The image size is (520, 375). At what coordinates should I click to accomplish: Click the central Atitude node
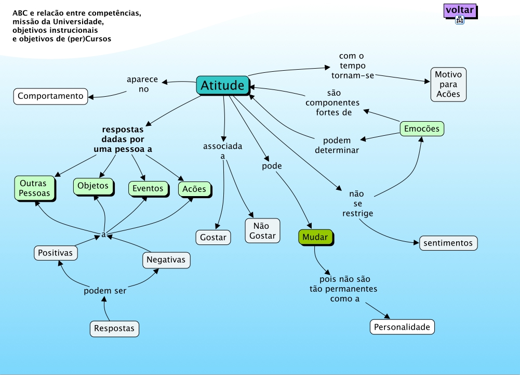pyautogui.click(x=222, y=85)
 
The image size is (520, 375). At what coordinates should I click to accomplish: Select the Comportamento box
pyautogui.click(x=50, y=96)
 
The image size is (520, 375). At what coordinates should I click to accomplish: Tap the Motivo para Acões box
pyautogui.click(x=448, y=84)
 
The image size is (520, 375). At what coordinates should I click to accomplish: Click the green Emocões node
pyautogui.click(x=421, y=128)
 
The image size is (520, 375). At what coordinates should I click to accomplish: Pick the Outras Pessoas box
pyautogui.click(x=34, y=188)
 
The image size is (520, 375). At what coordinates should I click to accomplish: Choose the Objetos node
pyautogui.click(x=93, y=186)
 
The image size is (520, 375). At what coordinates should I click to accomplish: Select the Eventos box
pyautogui.click(x=148, y=188)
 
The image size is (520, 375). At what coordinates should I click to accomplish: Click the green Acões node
pyautogui.click(x=194, y=189)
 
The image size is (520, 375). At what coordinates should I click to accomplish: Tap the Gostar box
pyautogui.click(x=213, y=237)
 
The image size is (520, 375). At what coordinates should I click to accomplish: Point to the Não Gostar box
pyautogui.click(x=262, y=231)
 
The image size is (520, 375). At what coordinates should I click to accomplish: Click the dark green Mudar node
pyautogui.click(x=315, y=237)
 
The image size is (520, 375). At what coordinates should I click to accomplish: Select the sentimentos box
pyautogui.click(x=448, y=243)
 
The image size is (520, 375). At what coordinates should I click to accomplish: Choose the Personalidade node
pyautogui.click(x=402, y=327)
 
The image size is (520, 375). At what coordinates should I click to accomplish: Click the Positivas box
pyautogui.click(x=56, y=253)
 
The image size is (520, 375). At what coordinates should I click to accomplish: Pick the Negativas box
pyautogui.click(x=166, y=260)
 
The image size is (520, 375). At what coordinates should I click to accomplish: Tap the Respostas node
pyautogui.click(x=114, y=329)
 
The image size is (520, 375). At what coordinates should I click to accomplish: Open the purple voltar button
pyautogui.click(x=460, y=10)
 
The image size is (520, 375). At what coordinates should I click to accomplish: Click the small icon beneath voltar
pyautogui.click(x=460, y=20)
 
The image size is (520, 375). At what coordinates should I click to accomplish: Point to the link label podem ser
pyautogui.click(x=105, y=291)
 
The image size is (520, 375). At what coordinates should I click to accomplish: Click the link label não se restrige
pyautogui.click(x=357, y=203)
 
